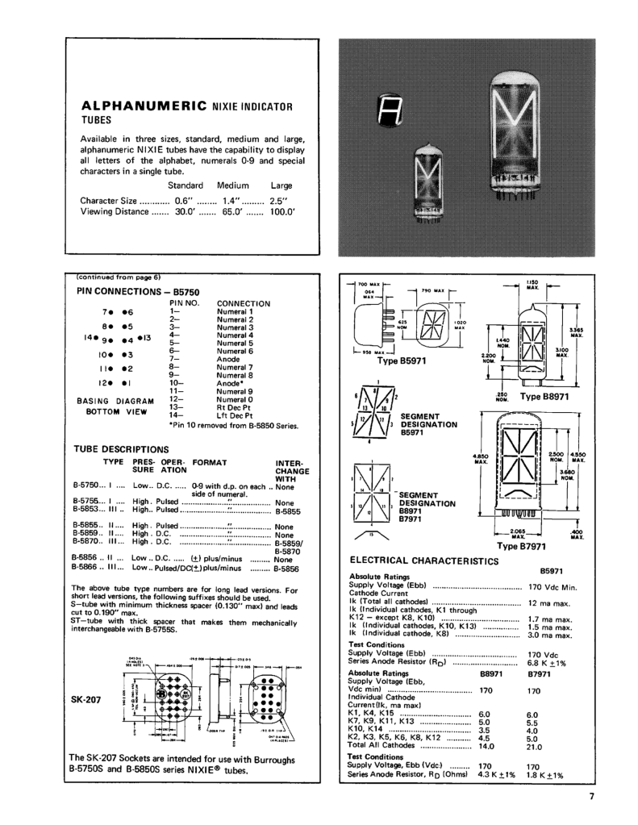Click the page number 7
pyautogui.click(x=591, y=798)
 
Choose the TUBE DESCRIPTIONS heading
pyautogui.click(x=121, y=449)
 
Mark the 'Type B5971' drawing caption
pyautogui.click(x=391, y=360)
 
